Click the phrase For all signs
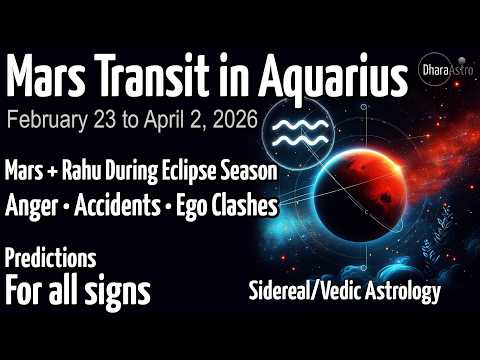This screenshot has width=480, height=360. point(77,292)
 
